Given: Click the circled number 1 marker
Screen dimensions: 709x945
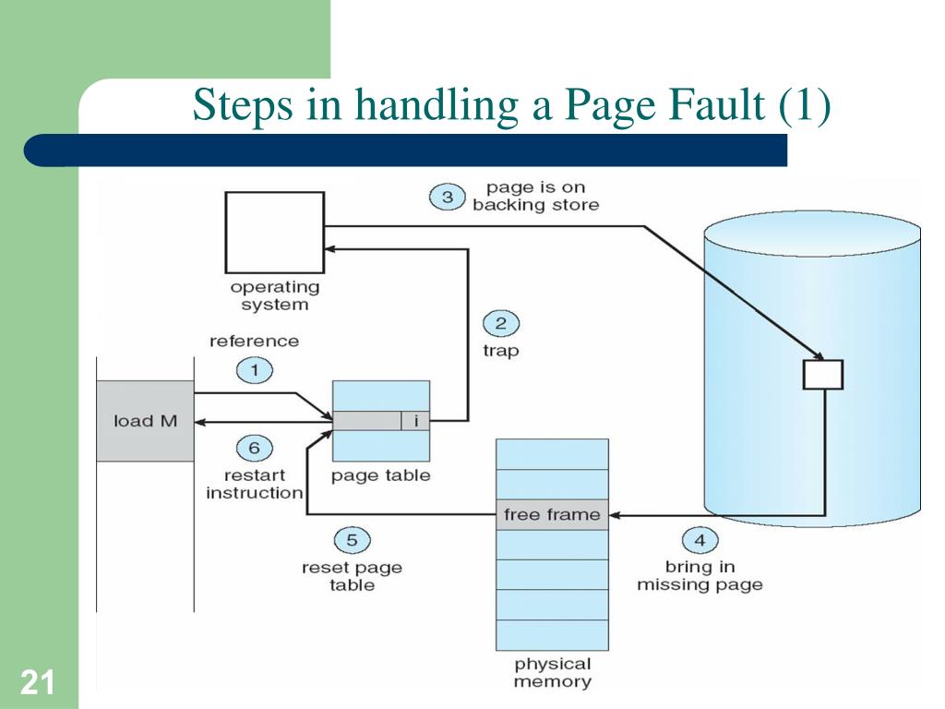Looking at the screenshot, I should click(255, 371).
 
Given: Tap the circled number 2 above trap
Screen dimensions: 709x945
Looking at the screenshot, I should click(501, 323).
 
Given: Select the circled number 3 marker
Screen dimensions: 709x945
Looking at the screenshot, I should click(447, 197).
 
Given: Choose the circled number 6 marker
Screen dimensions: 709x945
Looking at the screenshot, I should click(255, 449).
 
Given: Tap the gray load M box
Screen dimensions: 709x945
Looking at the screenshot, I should click(145, 421).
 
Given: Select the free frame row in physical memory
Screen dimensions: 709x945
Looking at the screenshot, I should click(552, 514).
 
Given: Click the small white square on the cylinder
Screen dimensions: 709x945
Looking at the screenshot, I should click(822, 374).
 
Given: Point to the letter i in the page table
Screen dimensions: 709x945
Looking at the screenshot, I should click(416, 421).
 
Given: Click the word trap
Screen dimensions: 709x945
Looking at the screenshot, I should click(500, 351).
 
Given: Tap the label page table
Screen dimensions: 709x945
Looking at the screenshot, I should click(380, 475).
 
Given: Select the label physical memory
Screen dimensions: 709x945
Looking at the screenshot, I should click(552, 673).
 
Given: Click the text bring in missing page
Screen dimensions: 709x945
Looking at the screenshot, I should click(700, 575).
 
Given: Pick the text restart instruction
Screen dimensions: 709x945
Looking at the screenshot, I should click(255, 484).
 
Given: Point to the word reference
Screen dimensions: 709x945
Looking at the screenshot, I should click(255, 341).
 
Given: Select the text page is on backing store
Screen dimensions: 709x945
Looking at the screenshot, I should click(535, 197).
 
